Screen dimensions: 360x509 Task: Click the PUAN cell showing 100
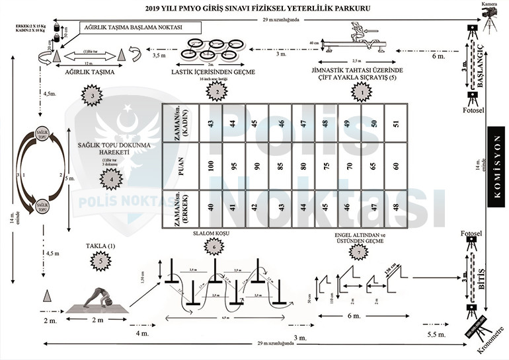point(210,166)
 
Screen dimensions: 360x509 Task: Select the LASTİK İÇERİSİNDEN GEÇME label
point(212,71)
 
